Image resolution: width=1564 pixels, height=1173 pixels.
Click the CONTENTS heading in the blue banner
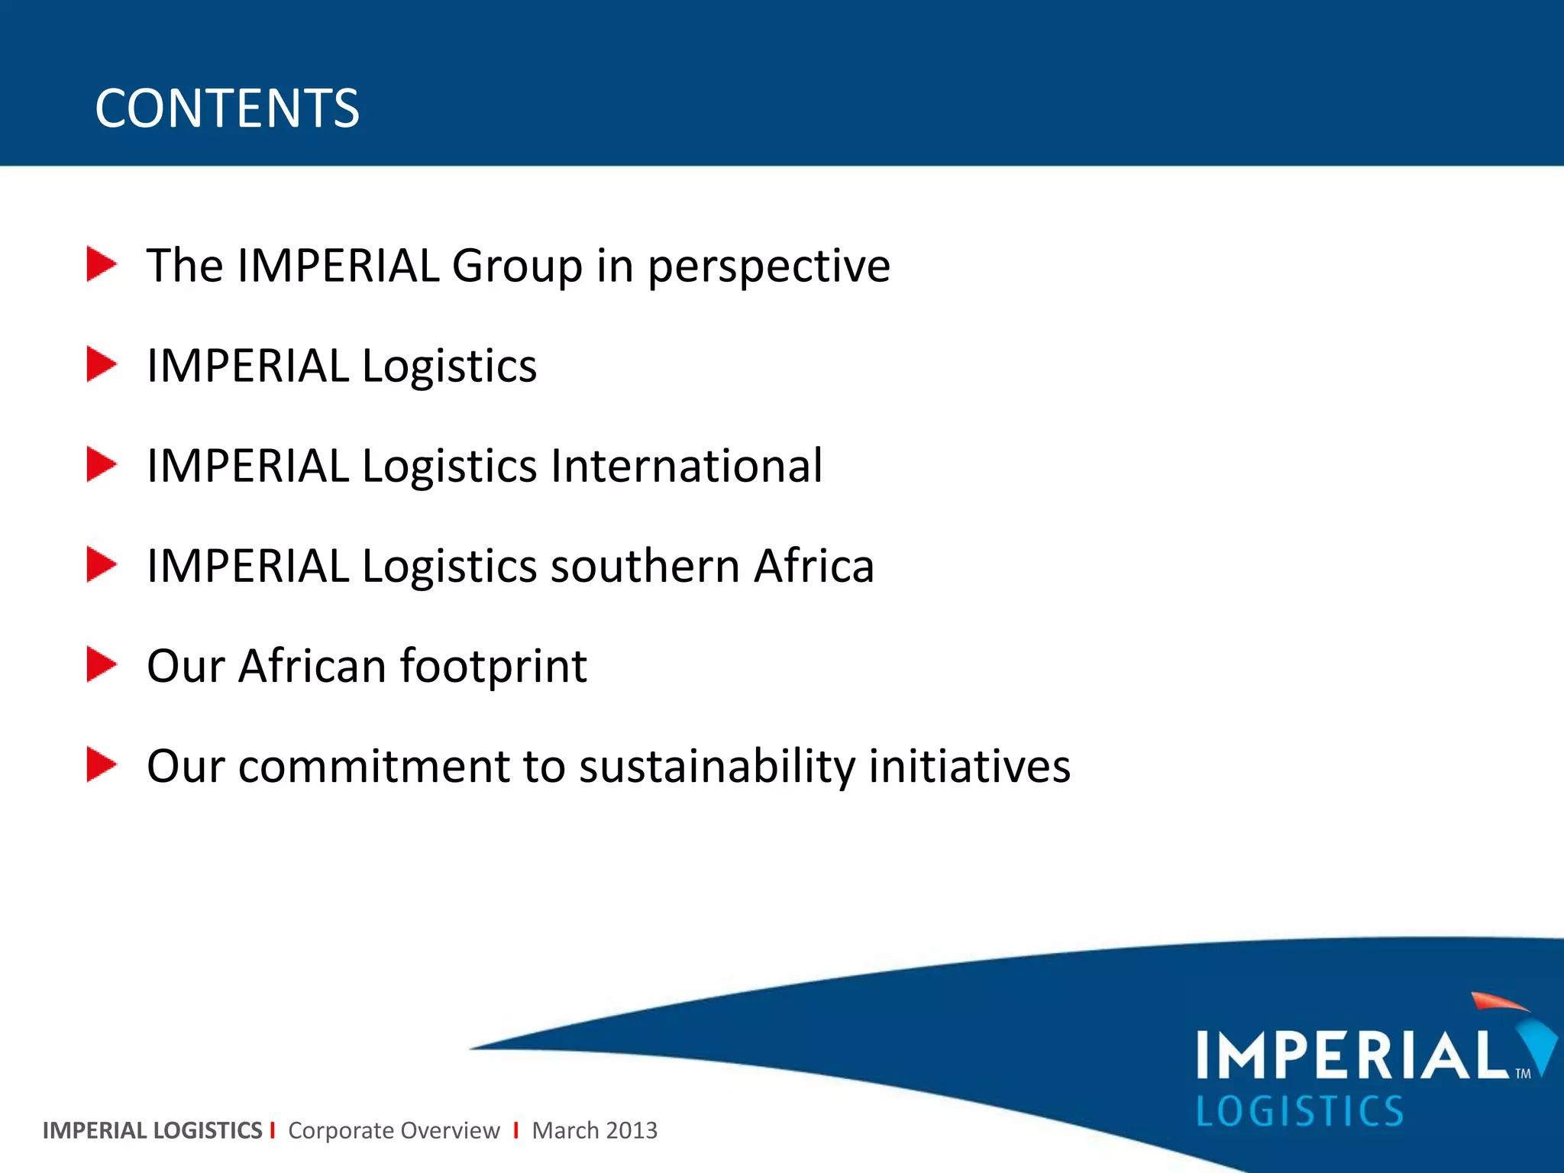coord(227,108)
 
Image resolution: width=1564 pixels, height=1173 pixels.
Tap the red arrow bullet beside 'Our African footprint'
coord(101,664)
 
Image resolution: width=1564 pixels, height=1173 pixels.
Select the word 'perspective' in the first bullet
coord(768,267)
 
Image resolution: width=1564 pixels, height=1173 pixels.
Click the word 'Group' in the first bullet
coord(517,266)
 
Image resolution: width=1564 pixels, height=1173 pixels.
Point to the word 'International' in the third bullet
coord(686,466)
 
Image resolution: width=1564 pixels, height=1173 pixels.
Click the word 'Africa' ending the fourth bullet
coord(813,566)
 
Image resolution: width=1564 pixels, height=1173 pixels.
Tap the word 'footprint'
coord(493,667)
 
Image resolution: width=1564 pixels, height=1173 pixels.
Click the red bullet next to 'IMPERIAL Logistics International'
coord(101,464)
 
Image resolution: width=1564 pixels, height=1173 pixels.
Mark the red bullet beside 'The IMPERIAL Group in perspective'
coord(101,264)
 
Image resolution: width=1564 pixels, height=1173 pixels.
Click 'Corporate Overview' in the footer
coord(393,1130)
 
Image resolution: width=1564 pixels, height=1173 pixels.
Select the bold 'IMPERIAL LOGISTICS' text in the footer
coord(152,1130)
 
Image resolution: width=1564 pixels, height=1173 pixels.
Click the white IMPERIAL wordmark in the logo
coord(1352,1055)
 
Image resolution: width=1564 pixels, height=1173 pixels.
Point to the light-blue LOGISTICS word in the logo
coord(1299,1111)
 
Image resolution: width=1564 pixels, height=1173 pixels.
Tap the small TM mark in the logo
coord(1523,1074)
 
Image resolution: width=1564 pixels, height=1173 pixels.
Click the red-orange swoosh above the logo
coord(1498,1002)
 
